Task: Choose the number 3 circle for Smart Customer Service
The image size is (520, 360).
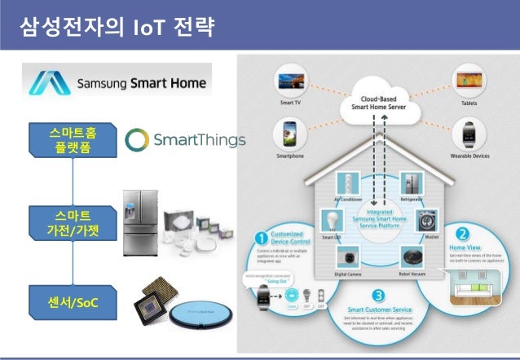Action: pyautogui.click(x=376, y=296)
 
